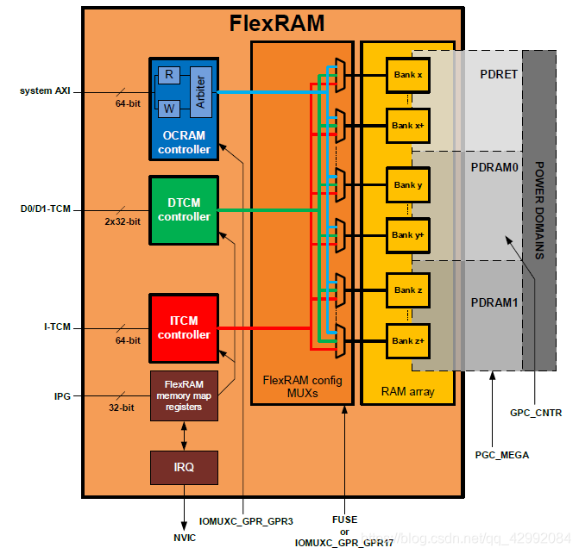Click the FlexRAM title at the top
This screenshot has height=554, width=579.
coord(277,23)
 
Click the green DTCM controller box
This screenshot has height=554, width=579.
coord(184,210)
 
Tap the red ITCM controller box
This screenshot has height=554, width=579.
coord(184,327)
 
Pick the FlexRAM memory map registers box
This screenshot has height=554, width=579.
coord(184,395)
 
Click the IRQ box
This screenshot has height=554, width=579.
coord(184,467)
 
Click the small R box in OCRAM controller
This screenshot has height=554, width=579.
coord(169,76)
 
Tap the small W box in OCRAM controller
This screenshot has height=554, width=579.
coord(169,108)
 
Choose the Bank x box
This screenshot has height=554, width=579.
coord(407,75)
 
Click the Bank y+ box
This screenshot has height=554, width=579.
coord(407,234)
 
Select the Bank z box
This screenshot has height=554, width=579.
coord(407,290)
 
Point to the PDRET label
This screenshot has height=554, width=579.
coord(498,74)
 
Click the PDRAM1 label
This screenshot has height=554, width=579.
coord(494,303)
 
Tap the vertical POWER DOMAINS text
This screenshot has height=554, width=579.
coord(539,210)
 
